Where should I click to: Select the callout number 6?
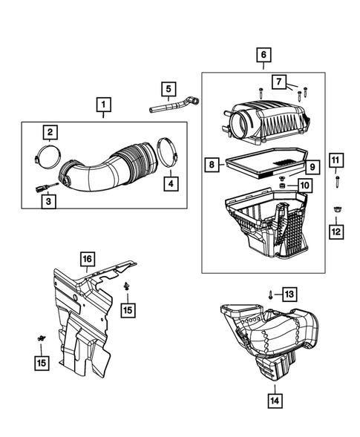263,55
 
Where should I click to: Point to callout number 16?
87,258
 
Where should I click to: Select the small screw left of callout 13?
271,295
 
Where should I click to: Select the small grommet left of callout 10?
283,183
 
